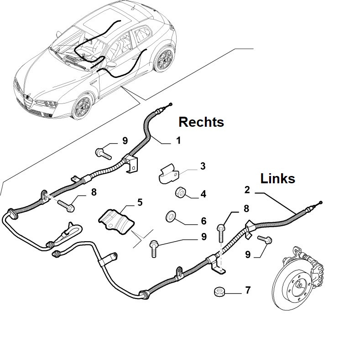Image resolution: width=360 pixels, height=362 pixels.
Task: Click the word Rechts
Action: pos(201,122)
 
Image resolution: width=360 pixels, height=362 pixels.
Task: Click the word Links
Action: pos(278,178)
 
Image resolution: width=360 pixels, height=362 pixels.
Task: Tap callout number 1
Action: pos(178,140)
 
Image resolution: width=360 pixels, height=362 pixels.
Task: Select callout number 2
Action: pos(247,190)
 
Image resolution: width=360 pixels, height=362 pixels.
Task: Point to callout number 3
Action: pos(203,166)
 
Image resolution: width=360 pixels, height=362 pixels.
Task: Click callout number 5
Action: pos(140,202)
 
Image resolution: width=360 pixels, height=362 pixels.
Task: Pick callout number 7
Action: pos(248,290)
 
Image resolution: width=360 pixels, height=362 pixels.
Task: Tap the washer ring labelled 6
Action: pos(171,216)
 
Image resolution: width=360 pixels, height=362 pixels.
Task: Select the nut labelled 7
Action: pos(219,292)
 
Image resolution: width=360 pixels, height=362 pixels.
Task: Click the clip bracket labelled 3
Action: pos(169,174)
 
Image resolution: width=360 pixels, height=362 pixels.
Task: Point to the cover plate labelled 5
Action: pos(116,222)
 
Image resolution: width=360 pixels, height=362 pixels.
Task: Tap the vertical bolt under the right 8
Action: pos(220,233)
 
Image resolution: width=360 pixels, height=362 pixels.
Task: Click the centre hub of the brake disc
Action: pos(300,285)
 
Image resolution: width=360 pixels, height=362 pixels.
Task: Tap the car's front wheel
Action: pos(83,107)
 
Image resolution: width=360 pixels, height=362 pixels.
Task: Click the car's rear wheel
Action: pos(164,58)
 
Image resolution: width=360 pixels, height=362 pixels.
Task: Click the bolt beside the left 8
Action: pos(66,206)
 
